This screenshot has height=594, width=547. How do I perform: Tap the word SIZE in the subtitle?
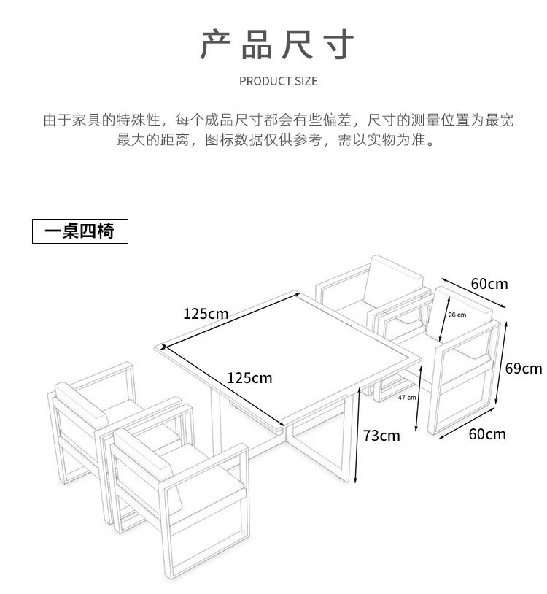(x=306, y=81)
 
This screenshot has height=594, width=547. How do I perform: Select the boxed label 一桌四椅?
(x=79, y=231)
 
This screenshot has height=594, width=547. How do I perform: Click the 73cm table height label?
(x=381, y=436)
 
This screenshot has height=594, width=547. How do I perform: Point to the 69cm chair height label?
(x=523, y=368)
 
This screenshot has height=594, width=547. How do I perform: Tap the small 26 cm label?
(x=457, y=315)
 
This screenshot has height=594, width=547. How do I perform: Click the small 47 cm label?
(x=407, y=398)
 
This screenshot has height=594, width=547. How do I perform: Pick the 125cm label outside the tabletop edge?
(x=206, y=314)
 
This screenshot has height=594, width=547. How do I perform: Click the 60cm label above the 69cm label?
(x=489, y=283)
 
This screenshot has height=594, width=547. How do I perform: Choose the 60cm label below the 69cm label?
(x=486, y=433)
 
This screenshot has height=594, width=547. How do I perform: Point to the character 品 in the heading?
(x=256, y=45)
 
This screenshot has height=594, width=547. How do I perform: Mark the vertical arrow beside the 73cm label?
(x=358, y=435)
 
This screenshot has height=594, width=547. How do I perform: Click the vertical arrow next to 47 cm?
(x=419, y=398)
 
